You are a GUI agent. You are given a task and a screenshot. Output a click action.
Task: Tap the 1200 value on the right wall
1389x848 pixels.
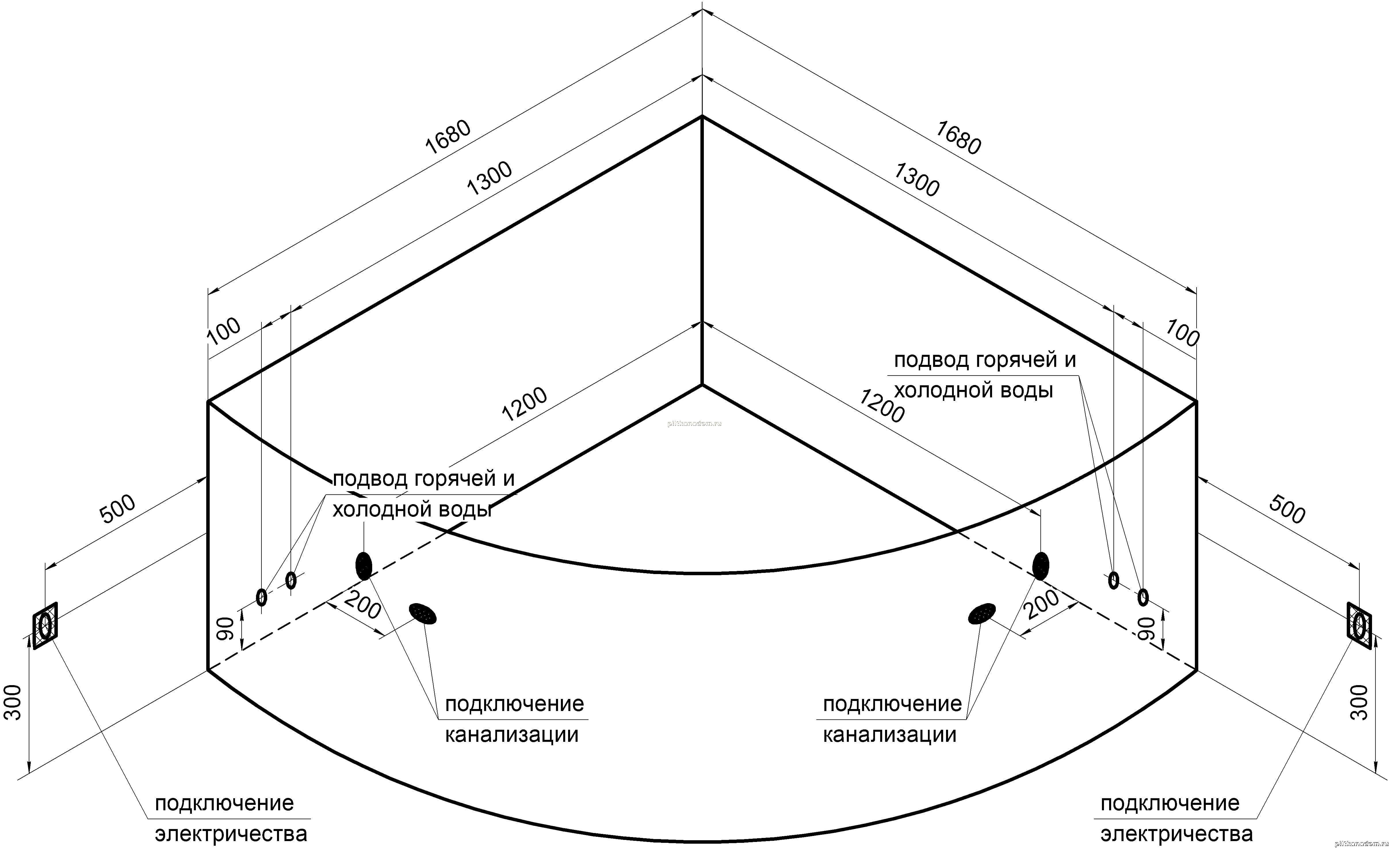coord(881,406)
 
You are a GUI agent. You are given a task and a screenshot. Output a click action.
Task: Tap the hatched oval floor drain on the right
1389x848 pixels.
coord(982,613)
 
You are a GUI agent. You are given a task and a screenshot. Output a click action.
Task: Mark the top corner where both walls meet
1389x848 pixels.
coord(702,116)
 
